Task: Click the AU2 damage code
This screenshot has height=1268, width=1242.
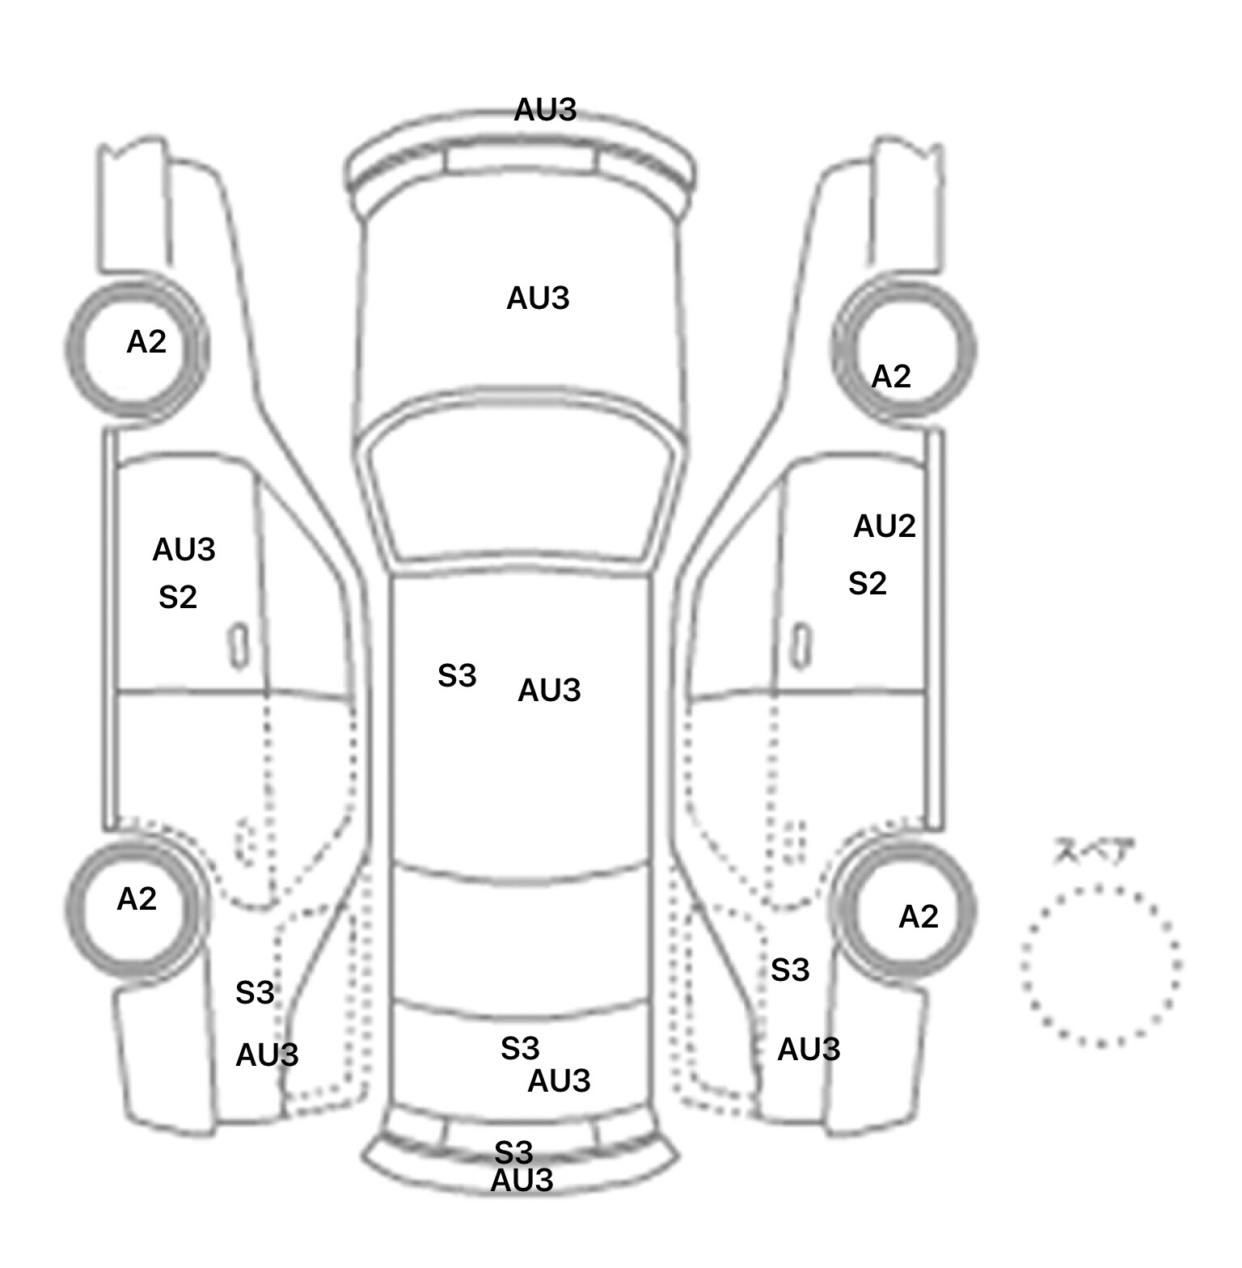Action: (885, 526)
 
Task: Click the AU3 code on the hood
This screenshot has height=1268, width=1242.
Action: (538, 298)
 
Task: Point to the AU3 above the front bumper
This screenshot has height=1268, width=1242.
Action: (545, 110)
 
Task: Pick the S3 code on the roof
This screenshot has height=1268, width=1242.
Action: (457, 676)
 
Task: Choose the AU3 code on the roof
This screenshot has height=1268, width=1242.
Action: (549, 691)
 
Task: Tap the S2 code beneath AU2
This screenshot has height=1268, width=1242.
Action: (868, 583)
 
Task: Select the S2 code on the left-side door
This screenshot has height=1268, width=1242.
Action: (178, 598)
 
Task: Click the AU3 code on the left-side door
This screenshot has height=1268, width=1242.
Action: (184, 550)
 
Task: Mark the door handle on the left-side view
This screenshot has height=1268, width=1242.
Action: (239, 646)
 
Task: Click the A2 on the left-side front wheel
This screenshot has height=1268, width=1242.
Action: (146, 342)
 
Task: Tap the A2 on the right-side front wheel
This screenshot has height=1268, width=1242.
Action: (891, 377)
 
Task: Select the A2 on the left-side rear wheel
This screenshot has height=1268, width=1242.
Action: (137, 899)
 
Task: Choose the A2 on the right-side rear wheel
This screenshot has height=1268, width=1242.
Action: (919, 917)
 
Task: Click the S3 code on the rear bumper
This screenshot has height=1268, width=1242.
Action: (513, 1152)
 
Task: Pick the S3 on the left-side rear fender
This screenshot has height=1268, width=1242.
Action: (255, 993)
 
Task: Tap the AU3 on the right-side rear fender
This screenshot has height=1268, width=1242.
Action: (809, 1050)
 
